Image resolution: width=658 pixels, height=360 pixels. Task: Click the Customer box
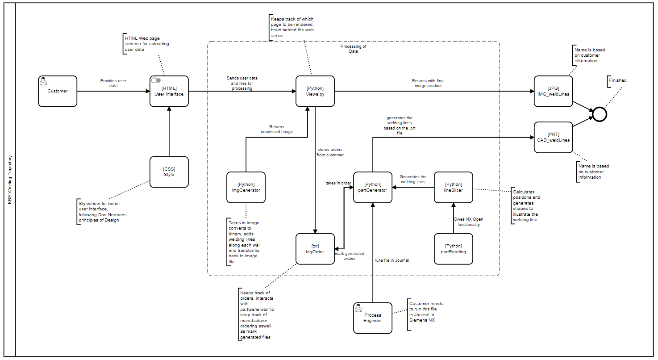58,91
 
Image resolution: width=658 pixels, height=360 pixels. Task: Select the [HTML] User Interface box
169,91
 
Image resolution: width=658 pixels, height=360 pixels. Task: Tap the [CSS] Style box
169,172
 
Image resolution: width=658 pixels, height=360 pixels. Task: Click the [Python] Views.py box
315,91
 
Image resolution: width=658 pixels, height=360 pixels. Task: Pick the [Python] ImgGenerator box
246,187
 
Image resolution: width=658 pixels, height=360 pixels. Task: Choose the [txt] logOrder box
315,249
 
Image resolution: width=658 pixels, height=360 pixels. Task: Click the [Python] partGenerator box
372,187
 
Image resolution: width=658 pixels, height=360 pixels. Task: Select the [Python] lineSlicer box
453,187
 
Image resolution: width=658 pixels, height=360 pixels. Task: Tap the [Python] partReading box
453,249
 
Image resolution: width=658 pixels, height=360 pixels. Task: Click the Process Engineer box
372,318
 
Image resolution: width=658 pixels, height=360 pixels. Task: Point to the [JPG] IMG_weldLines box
553,91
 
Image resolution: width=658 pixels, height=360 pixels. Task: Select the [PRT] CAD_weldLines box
553,137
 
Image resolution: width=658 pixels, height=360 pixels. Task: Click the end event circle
600,114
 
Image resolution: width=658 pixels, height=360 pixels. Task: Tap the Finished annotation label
618,80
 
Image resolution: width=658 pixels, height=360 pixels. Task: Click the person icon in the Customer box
44,81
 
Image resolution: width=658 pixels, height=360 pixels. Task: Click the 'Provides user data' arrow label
113,83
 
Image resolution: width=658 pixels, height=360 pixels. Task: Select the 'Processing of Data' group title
353,49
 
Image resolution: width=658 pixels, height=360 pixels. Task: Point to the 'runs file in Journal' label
392,260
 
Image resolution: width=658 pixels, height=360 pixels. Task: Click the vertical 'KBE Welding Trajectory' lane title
10,180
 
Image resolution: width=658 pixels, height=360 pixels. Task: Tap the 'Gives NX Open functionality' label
468,222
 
